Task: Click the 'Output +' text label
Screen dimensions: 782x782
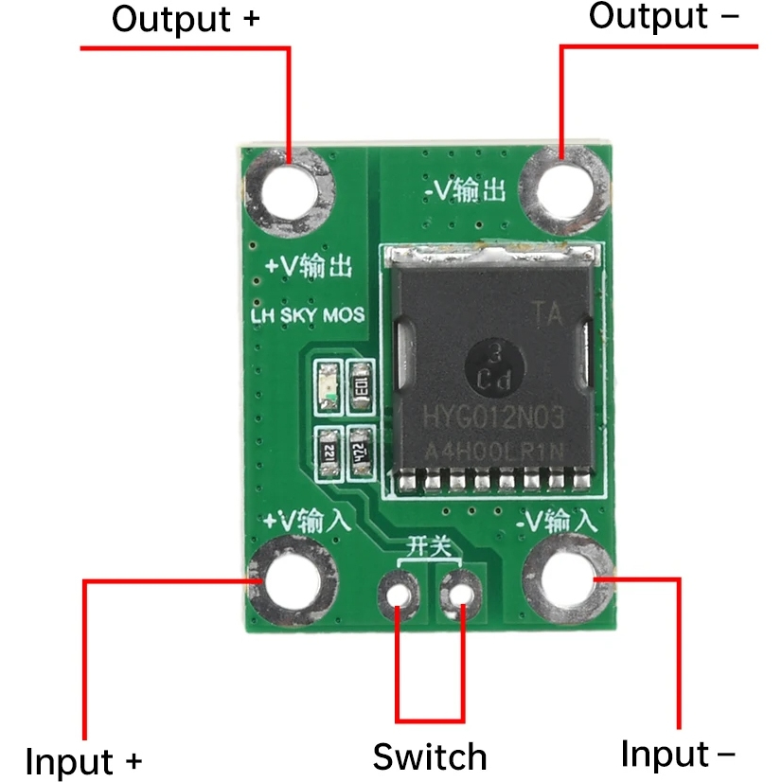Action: point(185,20)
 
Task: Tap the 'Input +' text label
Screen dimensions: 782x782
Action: point(83,760)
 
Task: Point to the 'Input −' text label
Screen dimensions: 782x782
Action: point(677,755)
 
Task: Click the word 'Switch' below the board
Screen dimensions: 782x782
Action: point(429,757)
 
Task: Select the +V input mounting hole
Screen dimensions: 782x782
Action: point(293,578)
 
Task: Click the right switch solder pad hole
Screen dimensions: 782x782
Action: point(462,594)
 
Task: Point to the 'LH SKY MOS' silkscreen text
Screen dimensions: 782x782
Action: point(307,316)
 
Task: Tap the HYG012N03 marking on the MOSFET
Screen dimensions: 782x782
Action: point(490,417)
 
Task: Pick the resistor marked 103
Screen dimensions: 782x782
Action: point(361,385)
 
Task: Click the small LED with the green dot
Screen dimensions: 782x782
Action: point(328,385)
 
